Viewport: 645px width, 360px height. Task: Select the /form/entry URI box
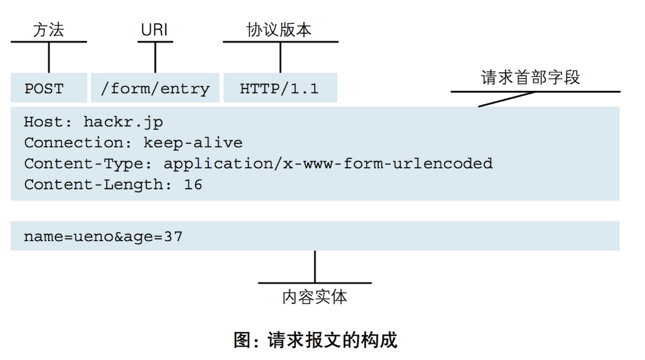[x=155, y=89]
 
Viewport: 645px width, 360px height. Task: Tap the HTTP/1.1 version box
[x=279, y=89]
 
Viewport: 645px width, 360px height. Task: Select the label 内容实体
[x=314, y=297]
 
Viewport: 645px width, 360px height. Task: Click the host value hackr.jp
[x=123, y=122]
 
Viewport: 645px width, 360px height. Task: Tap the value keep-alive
[x=193, y=143]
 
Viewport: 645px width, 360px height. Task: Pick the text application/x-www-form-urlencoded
[x=328, y=164]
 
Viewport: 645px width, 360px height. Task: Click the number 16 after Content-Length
[x=193, y=185]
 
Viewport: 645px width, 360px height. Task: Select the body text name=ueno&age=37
[x=103, y=237]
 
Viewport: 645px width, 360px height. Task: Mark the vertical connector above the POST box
[x=48, y=57]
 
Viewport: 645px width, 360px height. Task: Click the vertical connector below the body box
[x=315, y=266]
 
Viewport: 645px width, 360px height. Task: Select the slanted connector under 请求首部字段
[x=505, y=99]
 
